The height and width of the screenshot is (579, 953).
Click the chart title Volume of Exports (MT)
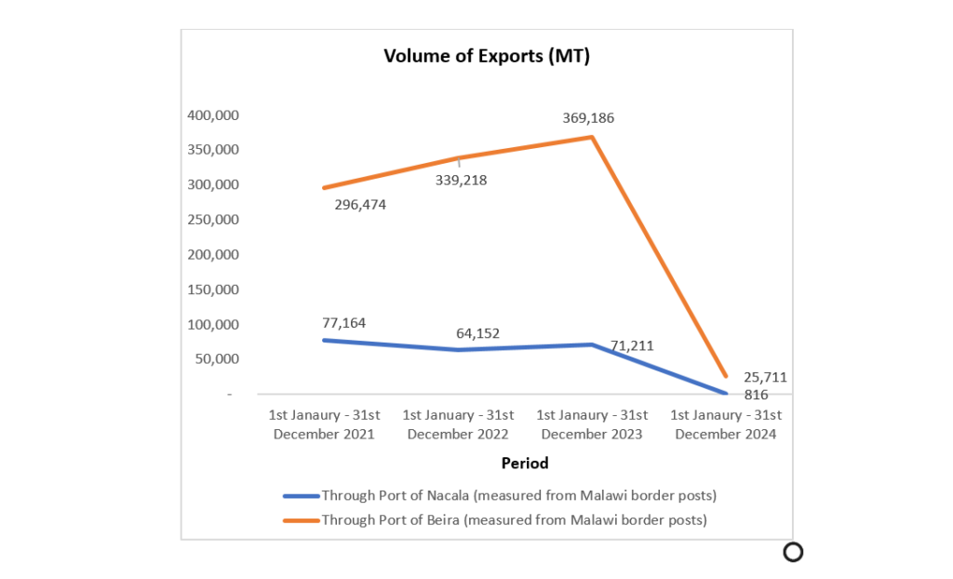(x=487, y=56)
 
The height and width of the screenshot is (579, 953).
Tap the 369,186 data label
(x=588, y=118)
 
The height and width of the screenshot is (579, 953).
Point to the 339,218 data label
(x=461, y=181)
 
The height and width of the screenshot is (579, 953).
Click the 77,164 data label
(x=344, y=323)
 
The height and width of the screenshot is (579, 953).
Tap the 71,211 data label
(x=632, y=345)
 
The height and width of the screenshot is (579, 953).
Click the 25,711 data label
(x=765, y=377)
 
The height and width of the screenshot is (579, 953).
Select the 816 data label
(x=756, y=394)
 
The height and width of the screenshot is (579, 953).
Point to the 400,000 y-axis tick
(x=213, y=115)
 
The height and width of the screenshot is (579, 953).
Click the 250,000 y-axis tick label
(x=213, y=220)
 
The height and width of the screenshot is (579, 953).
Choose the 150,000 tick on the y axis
(x=213, y=289)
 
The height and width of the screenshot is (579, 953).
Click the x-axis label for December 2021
(x=324, y=424)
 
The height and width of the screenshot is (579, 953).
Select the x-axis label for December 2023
(x=591, y=424)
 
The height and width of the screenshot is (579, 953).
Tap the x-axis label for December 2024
(x=725, y=424)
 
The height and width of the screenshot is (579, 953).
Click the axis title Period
(x=525, y=463)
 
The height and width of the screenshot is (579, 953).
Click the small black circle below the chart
(x=793, y=552)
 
